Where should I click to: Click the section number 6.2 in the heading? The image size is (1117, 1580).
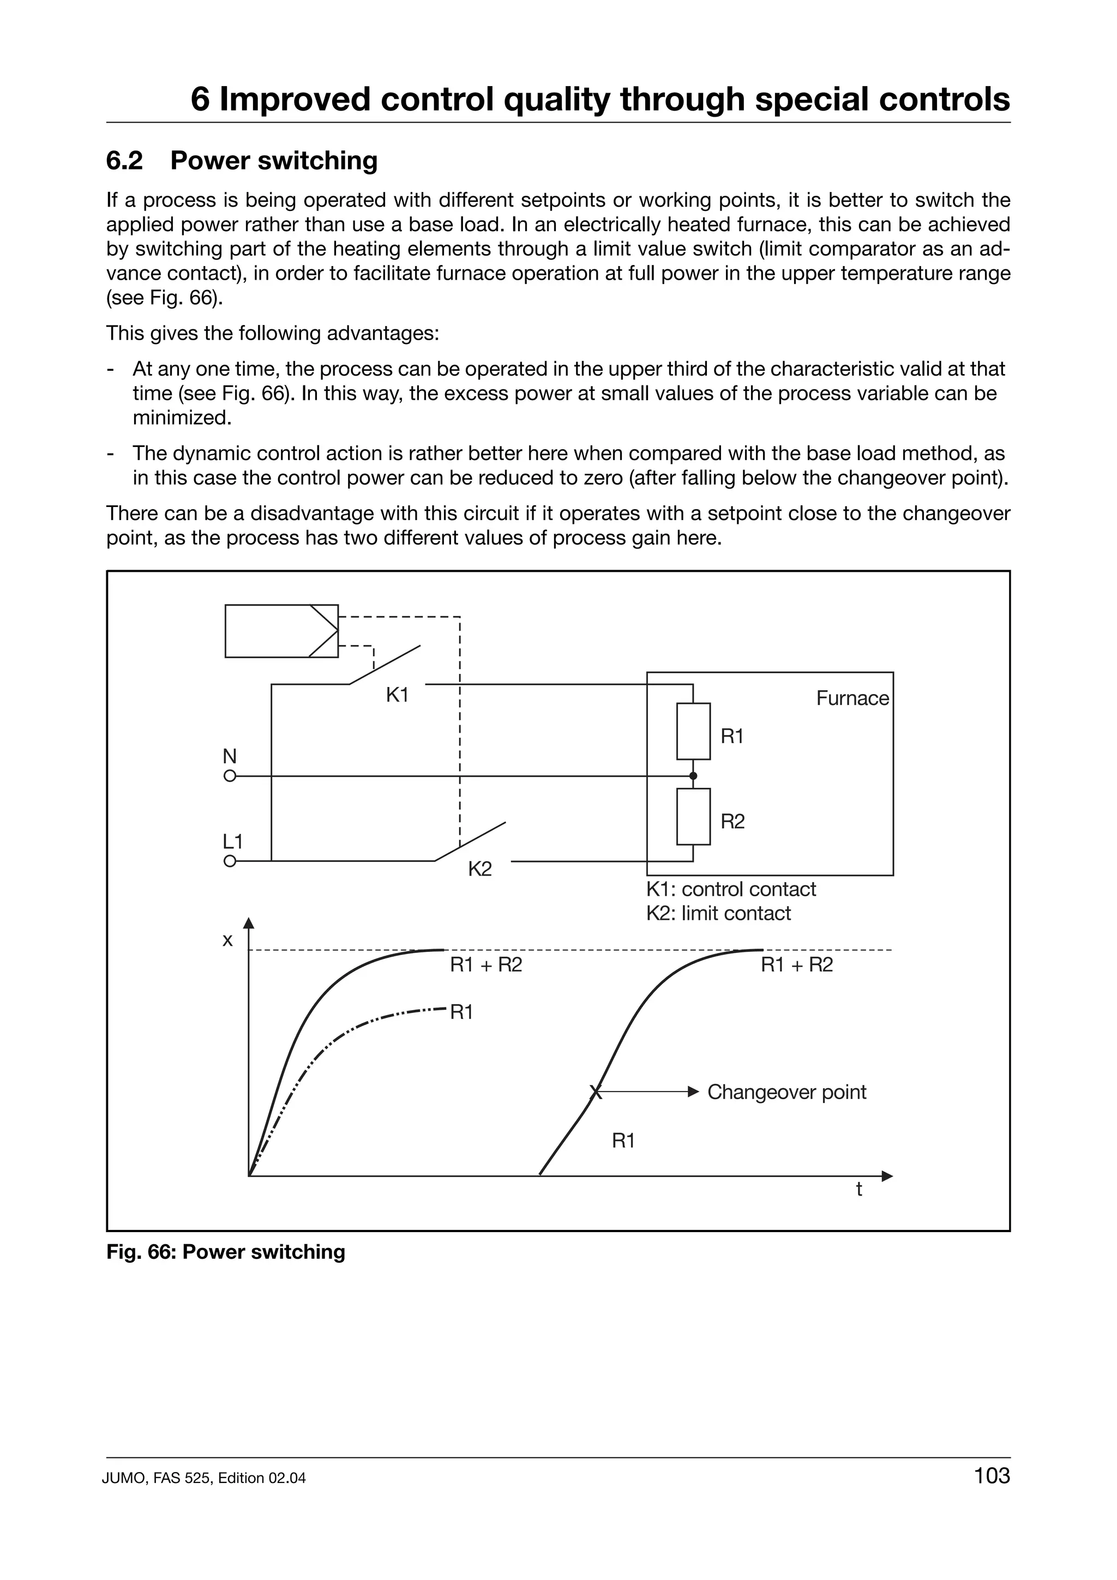[124, 161]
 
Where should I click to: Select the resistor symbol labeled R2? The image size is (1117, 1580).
[693, 816]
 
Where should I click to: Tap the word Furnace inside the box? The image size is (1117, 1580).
[852, 698]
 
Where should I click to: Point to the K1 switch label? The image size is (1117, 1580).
[397, 696]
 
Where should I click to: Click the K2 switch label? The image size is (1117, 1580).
[480, 869]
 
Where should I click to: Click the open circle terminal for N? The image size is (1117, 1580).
[230, 776]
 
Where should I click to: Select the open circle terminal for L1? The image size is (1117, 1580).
[230, 861]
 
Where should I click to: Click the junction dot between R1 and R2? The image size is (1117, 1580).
[693, 776]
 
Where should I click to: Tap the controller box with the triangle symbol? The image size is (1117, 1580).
[281, 631]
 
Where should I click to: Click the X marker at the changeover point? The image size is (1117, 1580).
[596, 1092]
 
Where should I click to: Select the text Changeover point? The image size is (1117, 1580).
[786, 1092]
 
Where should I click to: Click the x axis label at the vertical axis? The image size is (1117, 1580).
[227, 940]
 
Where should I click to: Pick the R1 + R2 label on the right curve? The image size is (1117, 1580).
[796, 965]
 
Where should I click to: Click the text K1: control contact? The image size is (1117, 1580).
[730, 889]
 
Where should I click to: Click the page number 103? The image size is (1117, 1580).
[992, 1495]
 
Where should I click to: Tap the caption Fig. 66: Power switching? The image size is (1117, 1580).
[226, 1252]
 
